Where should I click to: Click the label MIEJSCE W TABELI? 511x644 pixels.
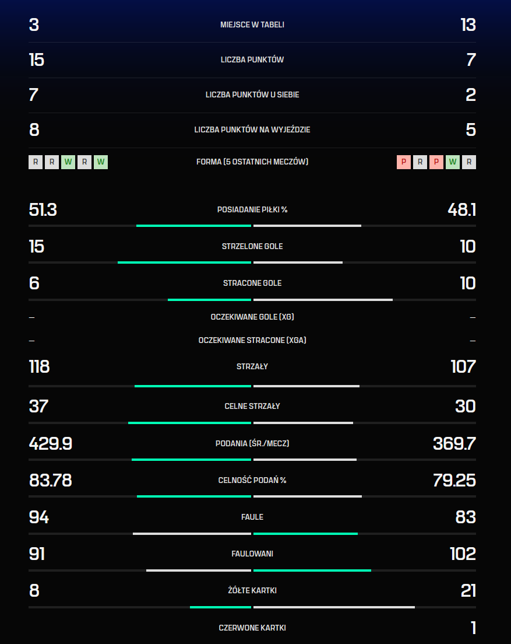[x=252, y=24]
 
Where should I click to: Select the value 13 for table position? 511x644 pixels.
[x=468, y=25]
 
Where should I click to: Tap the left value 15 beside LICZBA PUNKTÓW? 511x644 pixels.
[x=37, y=60]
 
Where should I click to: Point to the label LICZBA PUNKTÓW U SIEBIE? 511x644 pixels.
[x=252, y=94]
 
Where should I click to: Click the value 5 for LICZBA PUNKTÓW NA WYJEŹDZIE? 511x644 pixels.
[x=471, y=129]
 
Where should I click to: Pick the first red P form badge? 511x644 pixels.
[x=404, y=162]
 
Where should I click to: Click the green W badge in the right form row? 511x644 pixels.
[x=453, y=162]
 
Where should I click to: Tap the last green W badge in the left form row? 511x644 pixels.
[x=101, y=162]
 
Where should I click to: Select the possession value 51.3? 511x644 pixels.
[x=43, y=210]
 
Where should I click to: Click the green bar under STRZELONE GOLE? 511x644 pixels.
[x=184, y=262]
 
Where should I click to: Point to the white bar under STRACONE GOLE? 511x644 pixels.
[x=323, y=300]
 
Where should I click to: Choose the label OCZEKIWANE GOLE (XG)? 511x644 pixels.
[x=252, y=317]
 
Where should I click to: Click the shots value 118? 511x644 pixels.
[x=40, y=367]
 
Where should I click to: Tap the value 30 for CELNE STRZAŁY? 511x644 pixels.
[x=466, y=406]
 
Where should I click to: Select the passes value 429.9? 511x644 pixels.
[x=51, y=443]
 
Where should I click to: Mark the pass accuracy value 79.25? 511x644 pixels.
[x=454, y=480]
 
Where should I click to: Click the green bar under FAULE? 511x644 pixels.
[x=305, y=534]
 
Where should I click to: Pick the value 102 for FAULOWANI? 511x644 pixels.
[x=463, y=554]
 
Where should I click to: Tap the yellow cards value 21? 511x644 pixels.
[x=468, y=590]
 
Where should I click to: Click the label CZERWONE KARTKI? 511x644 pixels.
[x=252, y=628]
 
